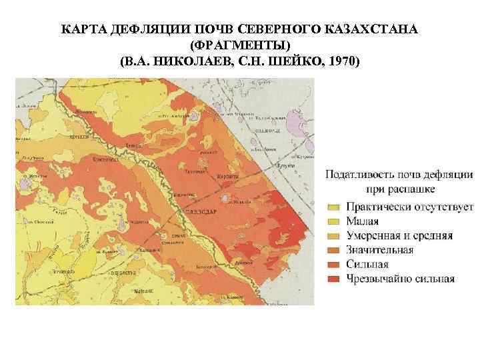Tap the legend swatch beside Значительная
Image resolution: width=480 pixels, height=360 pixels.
pyautogui.click(x=333, y=250)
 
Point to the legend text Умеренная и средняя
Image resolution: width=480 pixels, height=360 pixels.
pyautogui.click(x=399, y=236)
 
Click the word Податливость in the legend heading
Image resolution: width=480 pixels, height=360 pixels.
pyautogui.click(x=362, y=175)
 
